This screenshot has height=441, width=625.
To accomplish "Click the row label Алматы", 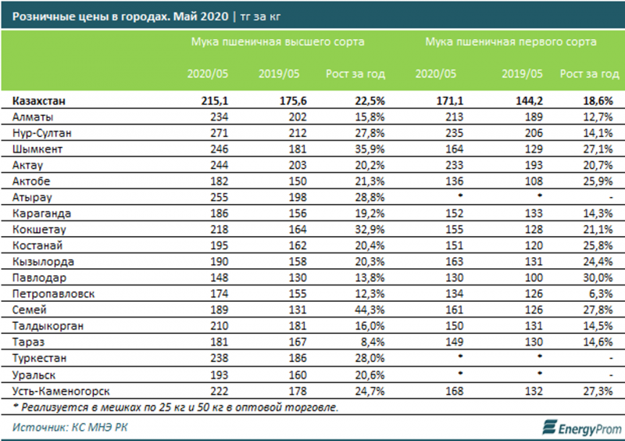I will (x=33, y=117).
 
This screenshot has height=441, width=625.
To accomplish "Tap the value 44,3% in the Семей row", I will (x=369, y=310).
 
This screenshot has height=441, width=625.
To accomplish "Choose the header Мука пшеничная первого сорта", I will (x=511, y=41).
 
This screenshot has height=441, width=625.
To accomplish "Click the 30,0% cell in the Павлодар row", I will (x=598, y=278).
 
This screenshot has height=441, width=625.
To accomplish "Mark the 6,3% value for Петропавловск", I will (x=601, y=294).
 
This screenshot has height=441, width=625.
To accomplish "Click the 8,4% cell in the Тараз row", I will (x=372, y=342).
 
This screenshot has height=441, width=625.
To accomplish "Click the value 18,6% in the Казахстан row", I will (x=598, y=100).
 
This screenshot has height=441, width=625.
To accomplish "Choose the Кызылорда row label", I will (x=44, y=262).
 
